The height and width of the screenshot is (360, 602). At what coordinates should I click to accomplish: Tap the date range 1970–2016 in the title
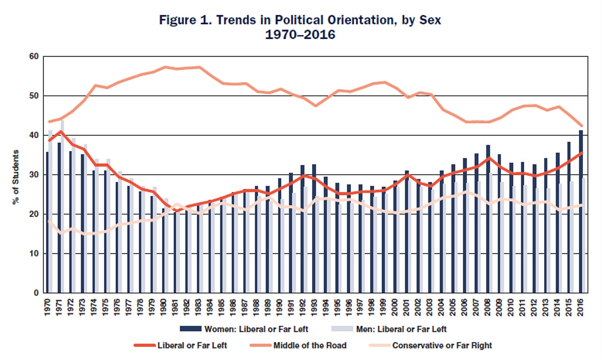point(300,34)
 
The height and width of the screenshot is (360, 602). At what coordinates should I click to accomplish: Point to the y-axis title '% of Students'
point(16,177)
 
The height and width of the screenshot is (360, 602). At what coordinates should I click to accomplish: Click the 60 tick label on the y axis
point(34,57)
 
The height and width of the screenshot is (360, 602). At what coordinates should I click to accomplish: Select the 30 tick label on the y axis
point(34,175)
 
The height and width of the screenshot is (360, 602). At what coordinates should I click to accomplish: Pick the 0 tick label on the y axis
point(36,293)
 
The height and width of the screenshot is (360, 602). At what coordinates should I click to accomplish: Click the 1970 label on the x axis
point(48,307)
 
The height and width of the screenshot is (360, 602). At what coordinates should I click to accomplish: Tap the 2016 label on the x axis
point(580,307)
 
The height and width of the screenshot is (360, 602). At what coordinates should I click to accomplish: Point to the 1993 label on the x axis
point(314,307)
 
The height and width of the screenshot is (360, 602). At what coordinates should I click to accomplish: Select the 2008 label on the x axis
point(488,307)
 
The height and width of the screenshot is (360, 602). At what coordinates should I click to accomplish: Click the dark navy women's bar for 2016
point(581,215)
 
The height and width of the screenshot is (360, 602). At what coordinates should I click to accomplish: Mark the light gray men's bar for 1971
point(62,207)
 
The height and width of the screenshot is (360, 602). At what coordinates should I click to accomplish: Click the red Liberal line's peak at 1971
point(61,132)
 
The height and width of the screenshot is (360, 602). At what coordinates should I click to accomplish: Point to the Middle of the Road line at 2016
point(581,126)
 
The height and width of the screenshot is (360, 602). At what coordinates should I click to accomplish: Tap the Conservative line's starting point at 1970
point(49,221)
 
